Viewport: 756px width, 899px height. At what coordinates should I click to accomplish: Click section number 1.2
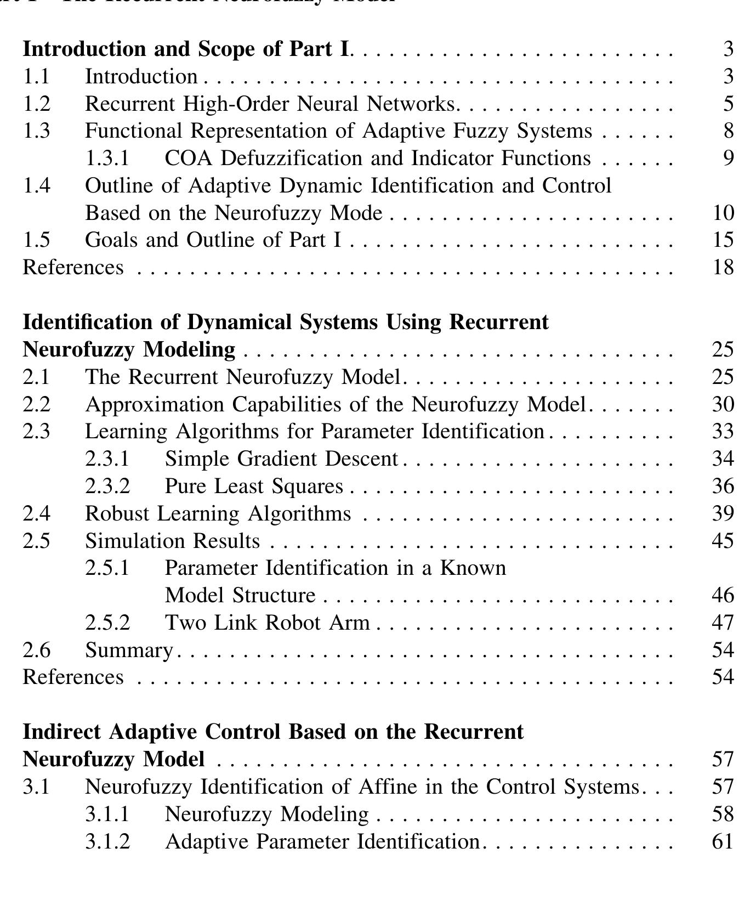[36, 104]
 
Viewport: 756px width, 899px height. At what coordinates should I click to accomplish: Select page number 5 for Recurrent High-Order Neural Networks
[728, 104]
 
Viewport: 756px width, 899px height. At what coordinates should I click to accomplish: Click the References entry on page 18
[73, 267]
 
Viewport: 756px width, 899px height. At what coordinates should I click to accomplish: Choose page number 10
[723, 213]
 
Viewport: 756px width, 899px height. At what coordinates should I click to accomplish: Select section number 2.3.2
[107, 486]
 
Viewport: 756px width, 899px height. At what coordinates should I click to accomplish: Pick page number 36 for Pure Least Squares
[723, 486]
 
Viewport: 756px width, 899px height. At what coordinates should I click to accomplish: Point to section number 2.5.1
[107, 568]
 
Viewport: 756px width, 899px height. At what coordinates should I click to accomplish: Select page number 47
[723, 623]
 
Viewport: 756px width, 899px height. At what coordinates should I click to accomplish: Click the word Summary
[129, 650]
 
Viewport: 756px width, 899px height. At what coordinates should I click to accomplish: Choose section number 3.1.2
[107, 841]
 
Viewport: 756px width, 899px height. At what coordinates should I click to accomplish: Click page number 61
[723, 841]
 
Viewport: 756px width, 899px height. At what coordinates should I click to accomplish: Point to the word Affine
[388, 787]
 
